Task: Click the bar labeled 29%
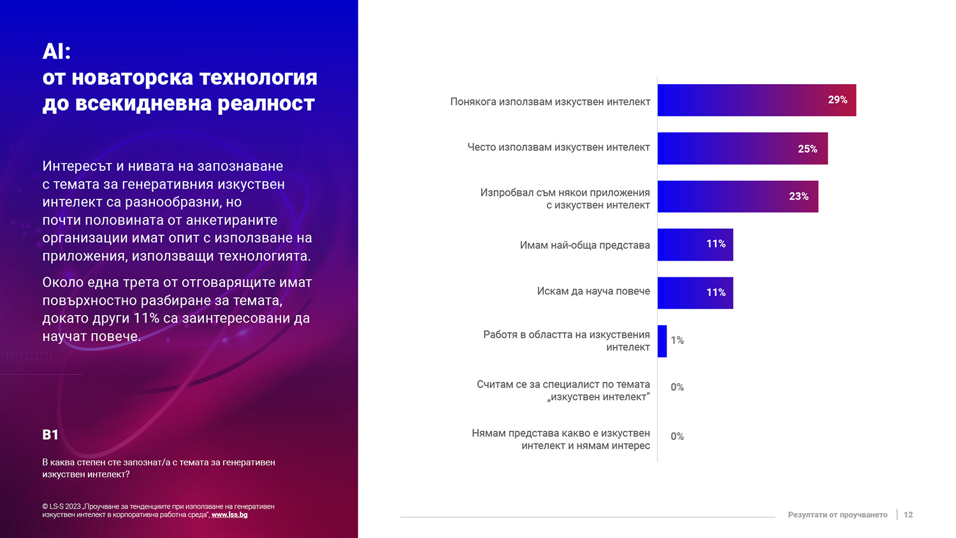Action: tap(757, 100)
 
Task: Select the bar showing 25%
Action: tap(742, 149)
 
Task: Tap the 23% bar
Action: tap(737, 196)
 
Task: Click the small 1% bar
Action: tap(662, 341)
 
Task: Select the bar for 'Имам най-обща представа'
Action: tap(695, 245)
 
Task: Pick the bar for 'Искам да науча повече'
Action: tap(695, 293)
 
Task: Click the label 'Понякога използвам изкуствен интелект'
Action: tap(549, 102)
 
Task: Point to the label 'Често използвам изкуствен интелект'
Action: tap(558, 147)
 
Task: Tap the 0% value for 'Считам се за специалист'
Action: tap(677, 388)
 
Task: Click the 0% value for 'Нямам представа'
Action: tap(677, 437)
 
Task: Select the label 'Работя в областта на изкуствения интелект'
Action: tap(566, 341)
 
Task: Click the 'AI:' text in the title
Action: tap(57, 52)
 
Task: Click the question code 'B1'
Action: tap(50, 435)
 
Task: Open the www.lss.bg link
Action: tap(229, 515)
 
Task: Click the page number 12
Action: tap(908, 515)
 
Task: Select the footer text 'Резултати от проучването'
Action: tap(837, 515)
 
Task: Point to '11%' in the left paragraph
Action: tap(146, 318)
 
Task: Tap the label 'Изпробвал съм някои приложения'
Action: tap(565, 193)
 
